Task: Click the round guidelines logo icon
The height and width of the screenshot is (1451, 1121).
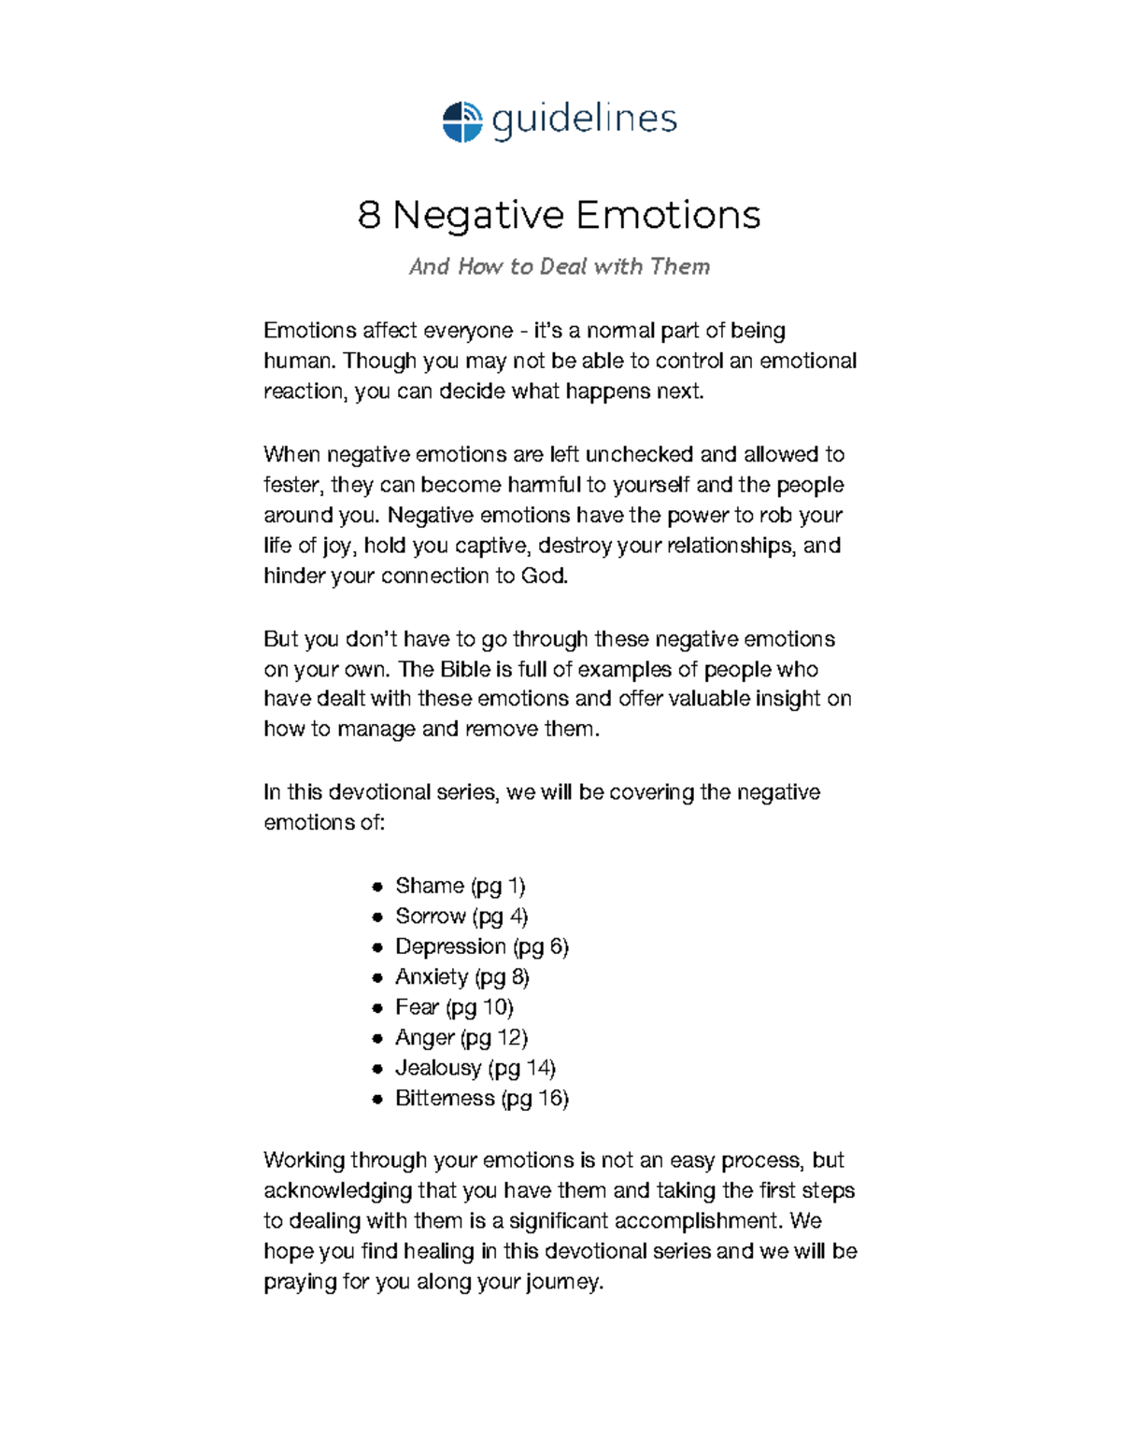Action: pyautogui.click(x=461, y=121)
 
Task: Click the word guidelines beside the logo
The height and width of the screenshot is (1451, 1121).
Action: pyautogui.click(x=584, y=120)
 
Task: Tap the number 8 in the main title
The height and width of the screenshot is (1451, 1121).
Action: pyautogui.click(x=369, y=215)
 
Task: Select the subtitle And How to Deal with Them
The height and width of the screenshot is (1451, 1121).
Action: pyautogui.click(x=559, y=267)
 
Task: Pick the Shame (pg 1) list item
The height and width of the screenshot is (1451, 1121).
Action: pyautogui.click(x=460, y=886)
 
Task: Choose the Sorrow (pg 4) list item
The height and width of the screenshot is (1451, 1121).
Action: pyautogui.click(x=461, y=916)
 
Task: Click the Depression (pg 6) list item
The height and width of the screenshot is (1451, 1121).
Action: pyautogui.click(x=481, y=946)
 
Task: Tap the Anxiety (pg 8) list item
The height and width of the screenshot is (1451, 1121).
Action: pyautogui.click(x=461, y=977)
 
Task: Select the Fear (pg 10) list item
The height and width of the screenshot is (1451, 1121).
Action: pyautogui.click(x=454, y=1007)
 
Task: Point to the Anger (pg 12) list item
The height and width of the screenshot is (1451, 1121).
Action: pyautogui.click(x=461, y=1038)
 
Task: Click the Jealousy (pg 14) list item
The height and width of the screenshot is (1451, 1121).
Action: pyautogui.click(x=475, y=1068)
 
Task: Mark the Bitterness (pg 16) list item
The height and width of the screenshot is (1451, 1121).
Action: pyautogui.click(x=481, y=1099)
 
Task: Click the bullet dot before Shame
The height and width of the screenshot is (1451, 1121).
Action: pyautogui.click(x=377, y=887)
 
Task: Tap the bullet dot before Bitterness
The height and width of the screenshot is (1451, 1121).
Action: pyautogui.click(x=377, y=1100)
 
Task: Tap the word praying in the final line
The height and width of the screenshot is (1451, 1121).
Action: pyautogui.click(x=300, y=1283)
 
